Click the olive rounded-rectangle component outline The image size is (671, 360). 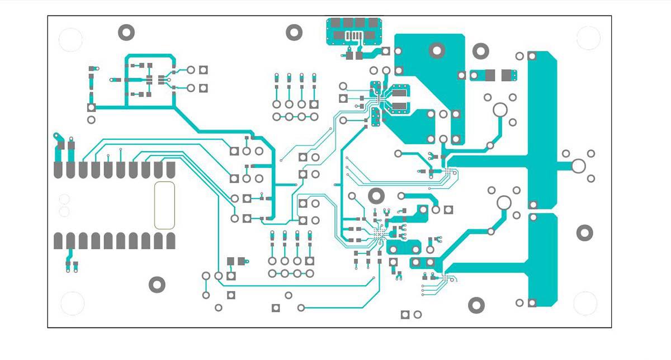pyautogui.click(x=164, y=205)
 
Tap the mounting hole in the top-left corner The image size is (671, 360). pyautogui.click(x=71, y=40)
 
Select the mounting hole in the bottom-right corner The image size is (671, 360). pyautogui.click(x=585, y=303)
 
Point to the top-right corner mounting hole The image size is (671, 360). pyautogui.click(x=588, y=38)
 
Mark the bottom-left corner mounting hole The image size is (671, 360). pyautogui.click(x=72, y=303)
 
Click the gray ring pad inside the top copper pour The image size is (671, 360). pyautogui.click(x=437, y=50)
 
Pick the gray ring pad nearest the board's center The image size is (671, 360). pyautogui.click(x=377, y=195)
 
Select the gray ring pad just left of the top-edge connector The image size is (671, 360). pyautogui.click(x=294, y=32)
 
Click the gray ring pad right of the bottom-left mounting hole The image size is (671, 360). pyautogui.click(x=157, y=285)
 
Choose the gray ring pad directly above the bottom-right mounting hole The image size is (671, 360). pyautogui.click(x=584, y=233)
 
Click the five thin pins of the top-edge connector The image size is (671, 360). pyautogui.click(x=353, y=37)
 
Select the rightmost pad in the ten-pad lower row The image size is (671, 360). pyautogui.click(x=171, y=241)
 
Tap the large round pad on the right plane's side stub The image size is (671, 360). pyautogui.click(x=578, y=165)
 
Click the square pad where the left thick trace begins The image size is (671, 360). pyautogui.click(x=91, y=107)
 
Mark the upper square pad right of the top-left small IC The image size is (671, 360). pyautogui.click(x=204, y=70)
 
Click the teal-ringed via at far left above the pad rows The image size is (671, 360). pyautogui.click(x=56, y=136)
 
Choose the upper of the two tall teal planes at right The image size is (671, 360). pyautogui.click(x=541, y=129)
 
